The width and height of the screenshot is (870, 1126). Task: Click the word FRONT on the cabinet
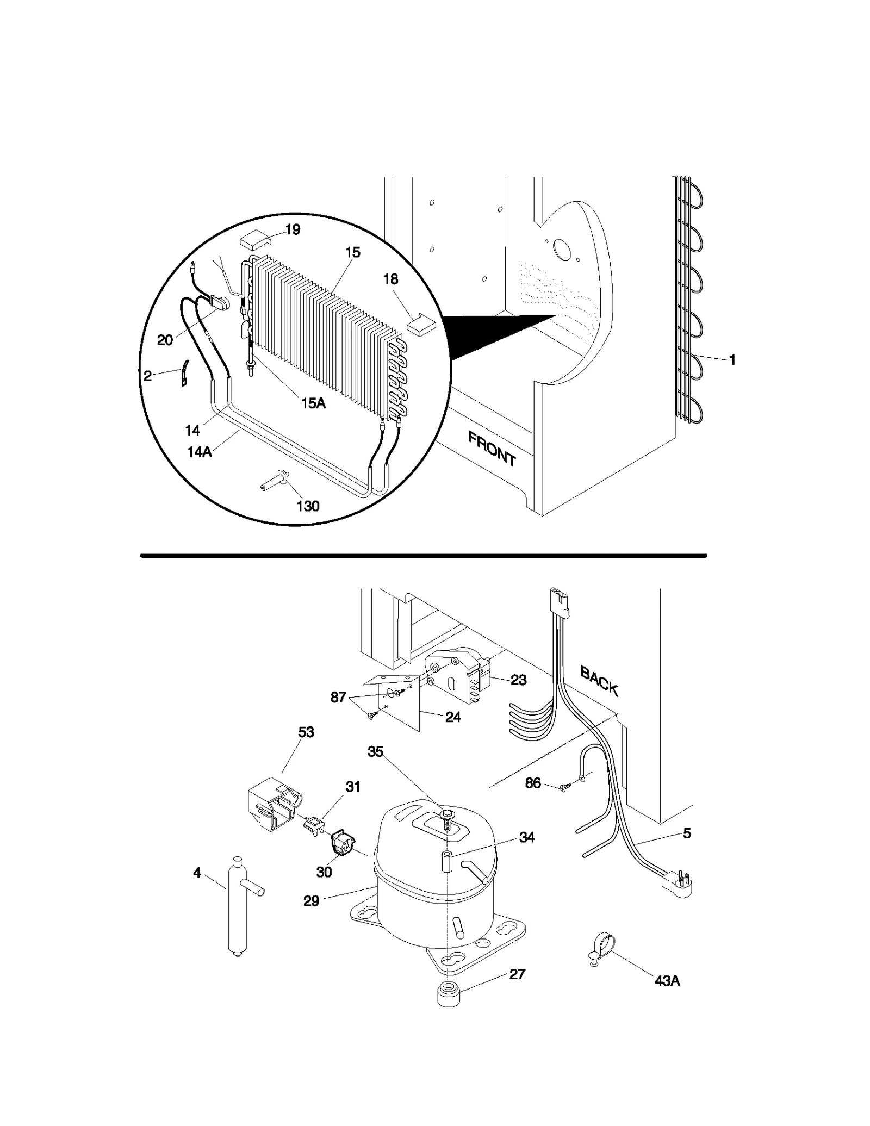pyautogui.click(x=492, y=449)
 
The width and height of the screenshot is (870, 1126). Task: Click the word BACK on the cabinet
pyautogui.click(x=599, y=681)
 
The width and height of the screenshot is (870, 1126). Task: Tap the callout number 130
pyautogui.click(x=308, y=506)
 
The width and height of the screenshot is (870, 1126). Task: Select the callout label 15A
pyautogui.click(x=314, y=403)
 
